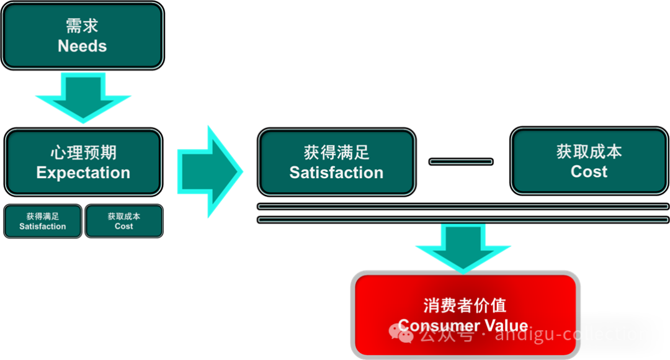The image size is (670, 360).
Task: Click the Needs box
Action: pos(83,36)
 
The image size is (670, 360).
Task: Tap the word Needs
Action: pos(83,46)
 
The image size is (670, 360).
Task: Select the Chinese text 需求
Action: pos(83,26)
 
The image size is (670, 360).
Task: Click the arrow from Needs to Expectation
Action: pos(83,96)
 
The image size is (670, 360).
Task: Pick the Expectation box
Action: pos(83,162)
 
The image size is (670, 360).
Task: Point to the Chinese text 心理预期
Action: pos(83,153)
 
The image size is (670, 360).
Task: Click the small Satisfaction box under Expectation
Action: pos(43,222)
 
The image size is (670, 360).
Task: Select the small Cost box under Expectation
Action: pos(124,222)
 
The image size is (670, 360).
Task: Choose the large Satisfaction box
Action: pos(336,162)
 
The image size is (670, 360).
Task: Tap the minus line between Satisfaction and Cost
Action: pos(461,162)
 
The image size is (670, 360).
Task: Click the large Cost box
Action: pos(589,161)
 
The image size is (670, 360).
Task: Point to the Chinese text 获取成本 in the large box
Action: pos(589,152)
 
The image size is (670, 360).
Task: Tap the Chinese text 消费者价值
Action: pos(465,305)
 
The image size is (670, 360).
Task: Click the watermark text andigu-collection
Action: pos(572,334)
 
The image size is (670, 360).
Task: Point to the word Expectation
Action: pos(83,173)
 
